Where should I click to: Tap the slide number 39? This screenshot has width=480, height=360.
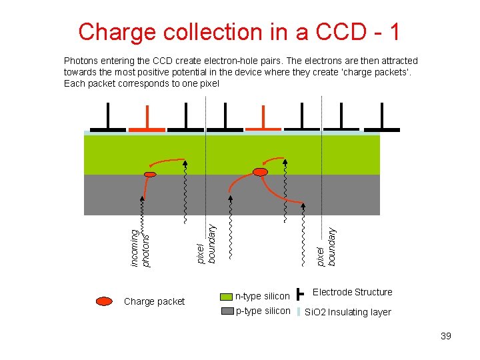pos(446,336)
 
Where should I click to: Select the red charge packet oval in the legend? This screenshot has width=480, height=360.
pos(104,301)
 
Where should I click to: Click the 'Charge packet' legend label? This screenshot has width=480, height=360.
pos(154,301)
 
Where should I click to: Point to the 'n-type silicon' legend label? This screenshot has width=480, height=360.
pos(263,296)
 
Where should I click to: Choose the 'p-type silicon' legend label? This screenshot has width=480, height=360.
pos(263,311)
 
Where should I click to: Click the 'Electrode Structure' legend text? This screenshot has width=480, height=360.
pos(353,292)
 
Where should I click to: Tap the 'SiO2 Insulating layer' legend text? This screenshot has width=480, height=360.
pos(348,312)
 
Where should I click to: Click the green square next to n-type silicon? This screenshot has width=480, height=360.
pos(229,296)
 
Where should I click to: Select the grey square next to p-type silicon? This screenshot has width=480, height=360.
pos(229,311)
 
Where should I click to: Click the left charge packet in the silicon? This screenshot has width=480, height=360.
pos(151,175)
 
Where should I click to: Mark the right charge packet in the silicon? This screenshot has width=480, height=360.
pos(261,172)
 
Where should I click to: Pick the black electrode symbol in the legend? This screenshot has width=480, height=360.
pos(300,293)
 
